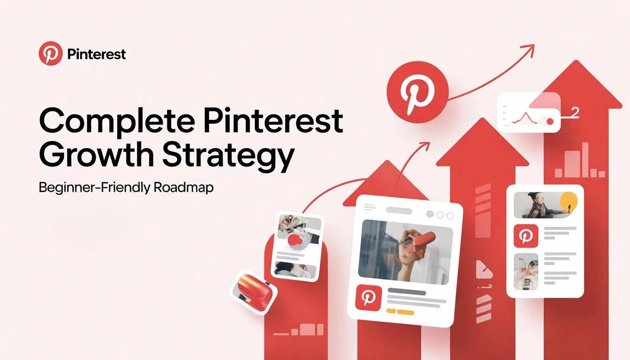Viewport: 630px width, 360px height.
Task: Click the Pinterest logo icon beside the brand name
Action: (x=51, y=53)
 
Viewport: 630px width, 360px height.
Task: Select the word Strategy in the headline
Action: (x=228, y=156)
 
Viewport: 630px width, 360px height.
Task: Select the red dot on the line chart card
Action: (x=550, y=121)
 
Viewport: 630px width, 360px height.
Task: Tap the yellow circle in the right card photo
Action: (x=568, y=201)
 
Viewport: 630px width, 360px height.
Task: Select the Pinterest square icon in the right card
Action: (x=526, y=236)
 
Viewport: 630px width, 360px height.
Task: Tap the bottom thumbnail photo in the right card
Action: (x=526, y=271)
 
